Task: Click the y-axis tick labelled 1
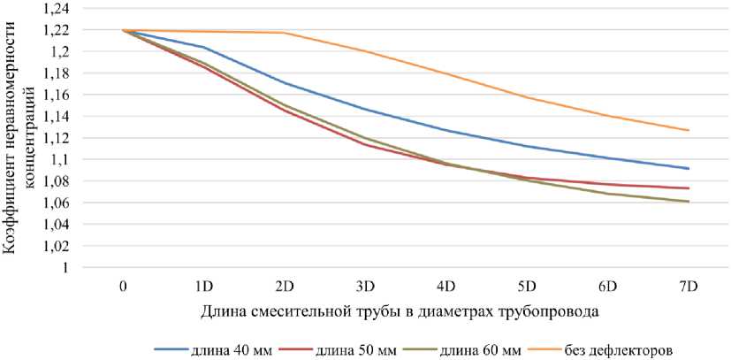66,268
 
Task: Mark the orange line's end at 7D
689,130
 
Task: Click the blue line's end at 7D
689,168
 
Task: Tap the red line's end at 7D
689,188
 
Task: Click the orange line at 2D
284,33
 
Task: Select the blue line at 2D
284,83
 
